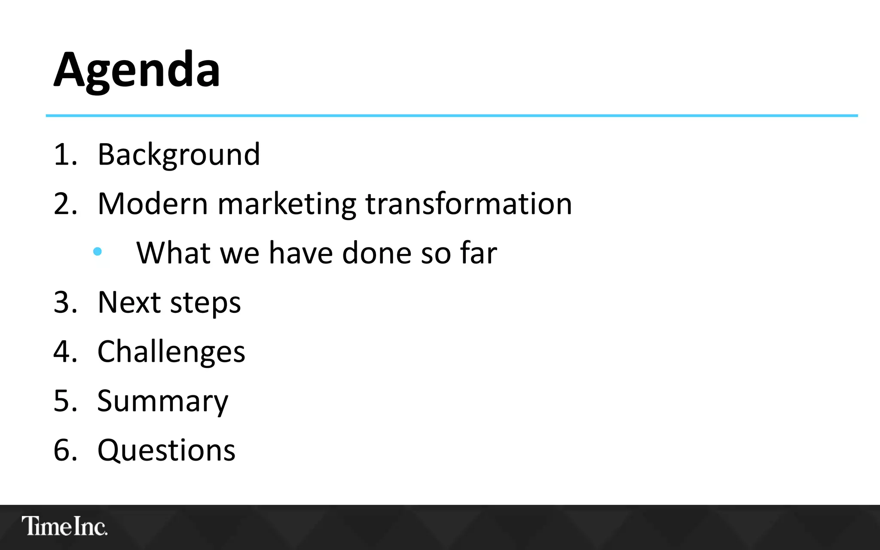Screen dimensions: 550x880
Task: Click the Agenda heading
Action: tap(137, 70)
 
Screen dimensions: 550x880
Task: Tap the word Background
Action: tap(179, 155)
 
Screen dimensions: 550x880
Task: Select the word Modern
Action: tap(153, 204)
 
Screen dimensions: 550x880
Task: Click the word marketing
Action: tap(287, 205)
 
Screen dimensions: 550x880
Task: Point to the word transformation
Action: tap(468, 204)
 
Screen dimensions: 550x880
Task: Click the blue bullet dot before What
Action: tap(98, 251)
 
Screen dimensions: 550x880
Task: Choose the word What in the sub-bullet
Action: tap(173, 253)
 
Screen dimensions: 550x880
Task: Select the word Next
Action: tap(129, 302)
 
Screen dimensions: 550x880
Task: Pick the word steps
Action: tap(205, 303)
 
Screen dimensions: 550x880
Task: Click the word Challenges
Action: tap(171, 352)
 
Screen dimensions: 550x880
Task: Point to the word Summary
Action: tap(162, 401)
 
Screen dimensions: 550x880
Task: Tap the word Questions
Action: tap(166, 451)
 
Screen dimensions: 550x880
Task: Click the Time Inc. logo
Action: tap(64, 526)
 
